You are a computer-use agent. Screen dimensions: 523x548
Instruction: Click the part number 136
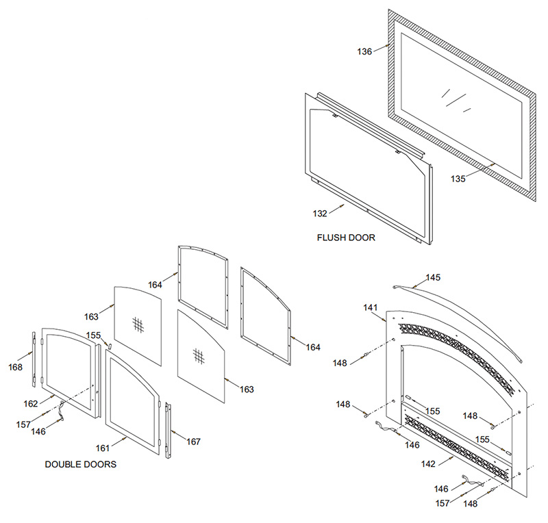pyautogui.click(x=364, y=51)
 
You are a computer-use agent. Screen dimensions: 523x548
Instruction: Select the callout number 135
pyautogui.click(x=458, y=179)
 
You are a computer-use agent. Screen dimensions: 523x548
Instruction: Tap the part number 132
pyautogui.click(x=320, y=214)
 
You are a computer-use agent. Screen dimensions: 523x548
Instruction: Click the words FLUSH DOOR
pyautogui.click(x=347, y=238)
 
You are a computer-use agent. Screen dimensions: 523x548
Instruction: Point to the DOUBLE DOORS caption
pyautogui.click(x=81, y=464)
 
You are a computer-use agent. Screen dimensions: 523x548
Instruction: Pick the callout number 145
pyautogui.click(x=433, y=277)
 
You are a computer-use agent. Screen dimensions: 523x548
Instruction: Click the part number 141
pyautogui.click(x=371, y=309)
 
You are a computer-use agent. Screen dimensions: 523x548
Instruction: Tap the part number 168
pyautogui.click(x=15, y=367)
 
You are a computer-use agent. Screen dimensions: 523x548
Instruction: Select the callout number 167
pyautogui.click(x=194, y=442)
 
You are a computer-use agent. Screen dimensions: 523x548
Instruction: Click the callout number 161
pyautogui.click(x=103, y=448)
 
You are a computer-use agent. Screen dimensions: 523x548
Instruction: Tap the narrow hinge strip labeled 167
pyautogui.click(x=168, y=428)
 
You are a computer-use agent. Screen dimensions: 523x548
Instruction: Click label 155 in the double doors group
pyautogui.click(x=94, y=335)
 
